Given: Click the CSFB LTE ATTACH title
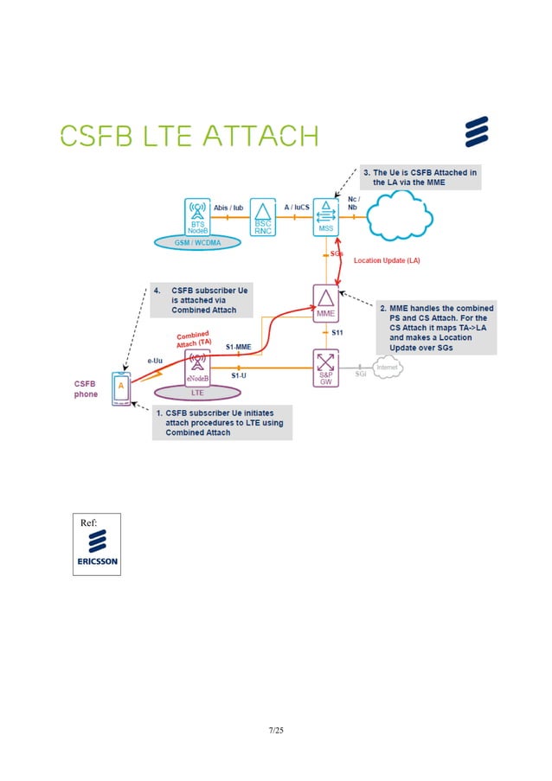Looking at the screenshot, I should (189, 136).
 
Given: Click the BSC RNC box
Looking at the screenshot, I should (262, 216).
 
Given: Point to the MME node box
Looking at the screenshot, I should (326, 304).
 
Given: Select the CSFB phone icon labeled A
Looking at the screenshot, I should (123, 387).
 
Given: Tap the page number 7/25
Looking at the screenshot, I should (275, 730).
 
